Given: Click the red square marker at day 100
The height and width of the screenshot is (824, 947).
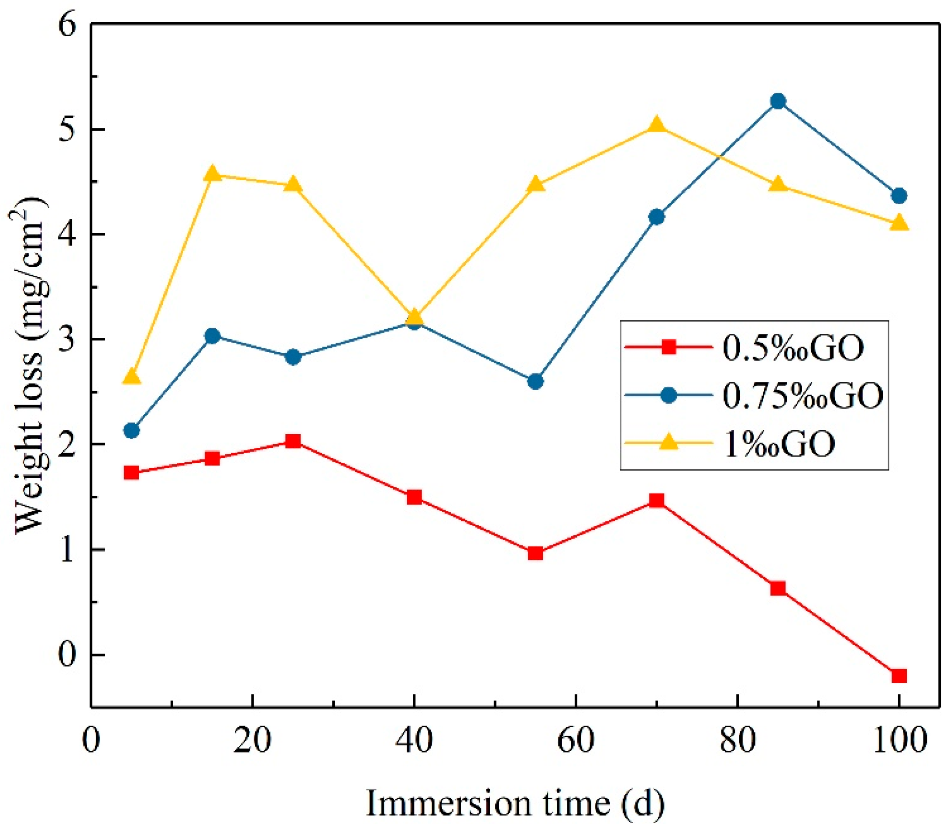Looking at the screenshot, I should (899, 676).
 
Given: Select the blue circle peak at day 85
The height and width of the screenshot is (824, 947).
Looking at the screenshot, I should (778, 101).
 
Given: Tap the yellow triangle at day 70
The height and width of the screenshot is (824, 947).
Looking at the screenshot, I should (657, 126).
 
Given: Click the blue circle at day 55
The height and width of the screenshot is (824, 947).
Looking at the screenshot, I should (535, 381).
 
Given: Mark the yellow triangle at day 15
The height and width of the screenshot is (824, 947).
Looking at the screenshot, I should (212, 174).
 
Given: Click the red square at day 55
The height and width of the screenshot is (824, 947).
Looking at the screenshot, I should (535, 554).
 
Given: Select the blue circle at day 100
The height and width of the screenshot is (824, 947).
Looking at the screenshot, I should (899, 196).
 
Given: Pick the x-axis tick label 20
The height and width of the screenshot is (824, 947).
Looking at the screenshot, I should (252, 741).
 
